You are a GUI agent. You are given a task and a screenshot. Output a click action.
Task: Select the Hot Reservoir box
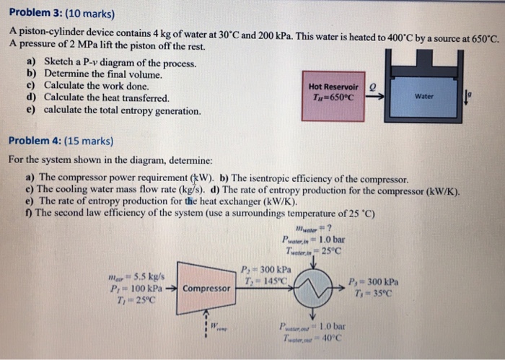[x=331, y=91]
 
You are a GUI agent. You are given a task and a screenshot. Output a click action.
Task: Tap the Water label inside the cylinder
[x=424, y=95]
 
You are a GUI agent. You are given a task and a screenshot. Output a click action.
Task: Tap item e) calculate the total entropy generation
[x=115, y=110]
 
